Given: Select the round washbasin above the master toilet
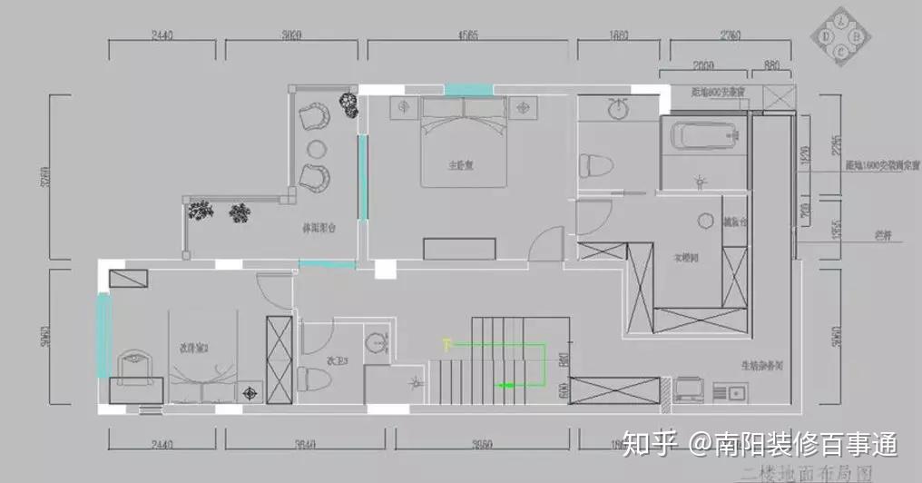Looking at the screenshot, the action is (x=618, y=108).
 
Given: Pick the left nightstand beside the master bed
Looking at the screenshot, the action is (x=404, y=108).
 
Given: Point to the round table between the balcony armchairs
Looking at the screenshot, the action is (x=317, y=148).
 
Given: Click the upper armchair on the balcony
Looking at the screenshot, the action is (x=315, y=117).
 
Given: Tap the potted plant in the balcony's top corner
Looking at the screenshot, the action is (x=346, y=103).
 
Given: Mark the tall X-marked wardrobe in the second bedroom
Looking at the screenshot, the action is (x=279, y=359).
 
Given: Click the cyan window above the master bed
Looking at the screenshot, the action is (x=468, y=88).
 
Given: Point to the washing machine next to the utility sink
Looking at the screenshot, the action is (x=689, y=389).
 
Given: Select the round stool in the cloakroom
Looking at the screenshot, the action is (x=708, y=221).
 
